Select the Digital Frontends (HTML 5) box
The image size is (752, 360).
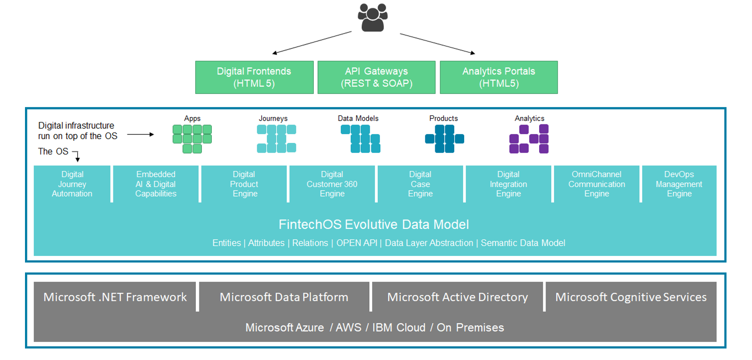254,77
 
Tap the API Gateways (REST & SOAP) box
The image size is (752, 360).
377,77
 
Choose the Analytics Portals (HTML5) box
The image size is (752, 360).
498,77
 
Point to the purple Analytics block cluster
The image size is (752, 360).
529,139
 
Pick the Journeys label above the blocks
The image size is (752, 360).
273,118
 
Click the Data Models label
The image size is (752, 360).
358,118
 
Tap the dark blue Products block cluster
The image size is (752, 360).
444,139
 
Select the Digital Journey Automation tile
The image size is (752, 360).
72,184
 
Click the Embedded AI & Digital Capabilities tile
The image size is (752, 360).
156,184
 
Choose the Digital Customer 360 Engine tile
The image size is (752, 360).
332,184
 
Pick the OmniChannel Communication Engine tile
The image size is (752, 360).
596,184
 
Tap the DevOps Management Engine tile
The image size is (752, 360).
679,184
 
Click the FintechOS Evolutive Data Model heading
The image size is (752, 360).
374,224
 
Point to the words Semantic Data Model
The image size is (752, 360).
523,243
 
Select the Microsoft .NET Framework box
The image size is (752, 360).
115,297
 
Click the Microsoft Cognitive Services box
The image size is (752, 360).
631,297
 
